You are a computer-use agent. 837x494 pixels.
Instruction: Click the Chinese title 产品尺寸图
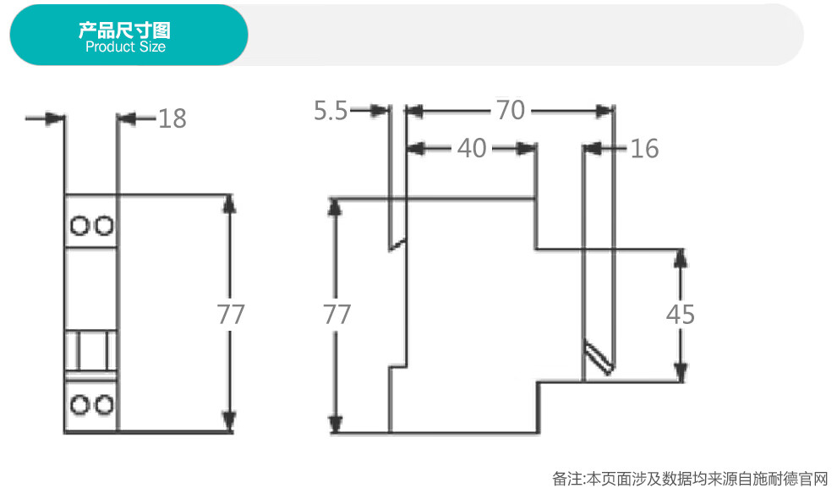[x=124, y=30]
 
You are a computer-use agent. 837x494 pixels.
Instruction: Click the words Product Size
[x=125, y=47]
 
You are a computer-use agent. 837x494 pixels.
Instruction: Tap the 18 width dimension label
[x=172, y=118]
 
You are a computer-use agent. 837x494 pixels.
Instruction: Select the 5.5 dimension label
[x=331, y=111]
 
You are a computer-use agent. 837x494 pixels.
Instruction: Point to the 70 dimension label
[x=511, y=110]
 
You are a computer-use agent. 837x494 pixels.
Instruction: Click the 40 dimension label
[x=472, y=148]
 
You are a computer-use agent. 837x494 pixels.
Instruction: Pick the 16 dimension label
[x=644, y=149]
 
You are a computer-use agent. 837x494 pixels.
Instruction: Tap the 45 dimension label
[x=680, y=314]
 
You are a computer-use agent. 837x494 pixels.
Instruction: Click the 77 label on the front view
[x=231, y=314]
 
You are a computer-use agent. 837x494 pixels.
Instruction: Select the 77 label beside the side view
[x=336, y=314]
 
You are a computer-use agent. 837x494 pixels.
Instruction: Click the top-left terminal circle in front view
[x=79, y=225]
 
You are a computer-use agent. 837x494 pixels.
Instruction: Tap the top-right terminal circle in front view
[x=103, y=225]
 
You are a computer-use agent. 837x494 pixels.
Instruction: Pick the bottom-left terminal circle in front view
[x=79, y=405]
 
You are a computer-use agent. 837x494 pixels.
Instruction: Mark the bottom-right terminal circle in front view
[x=103, y=405]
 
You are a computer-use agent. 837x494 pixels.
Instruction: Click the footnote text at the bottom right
[x=690, y=479]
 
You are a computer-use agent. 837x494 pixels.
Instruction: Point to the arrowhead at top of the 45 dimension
[x=680, y=259]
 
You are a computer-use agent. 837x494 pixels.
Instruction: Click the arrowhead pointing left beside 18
[x=126, y=118]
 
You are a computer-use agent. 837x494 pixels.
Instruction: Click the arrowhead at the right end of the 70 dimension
[x=604, y=111]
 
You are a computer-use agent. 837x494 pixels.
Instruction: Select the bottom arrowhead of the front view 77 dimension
[x=229, y=421]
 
